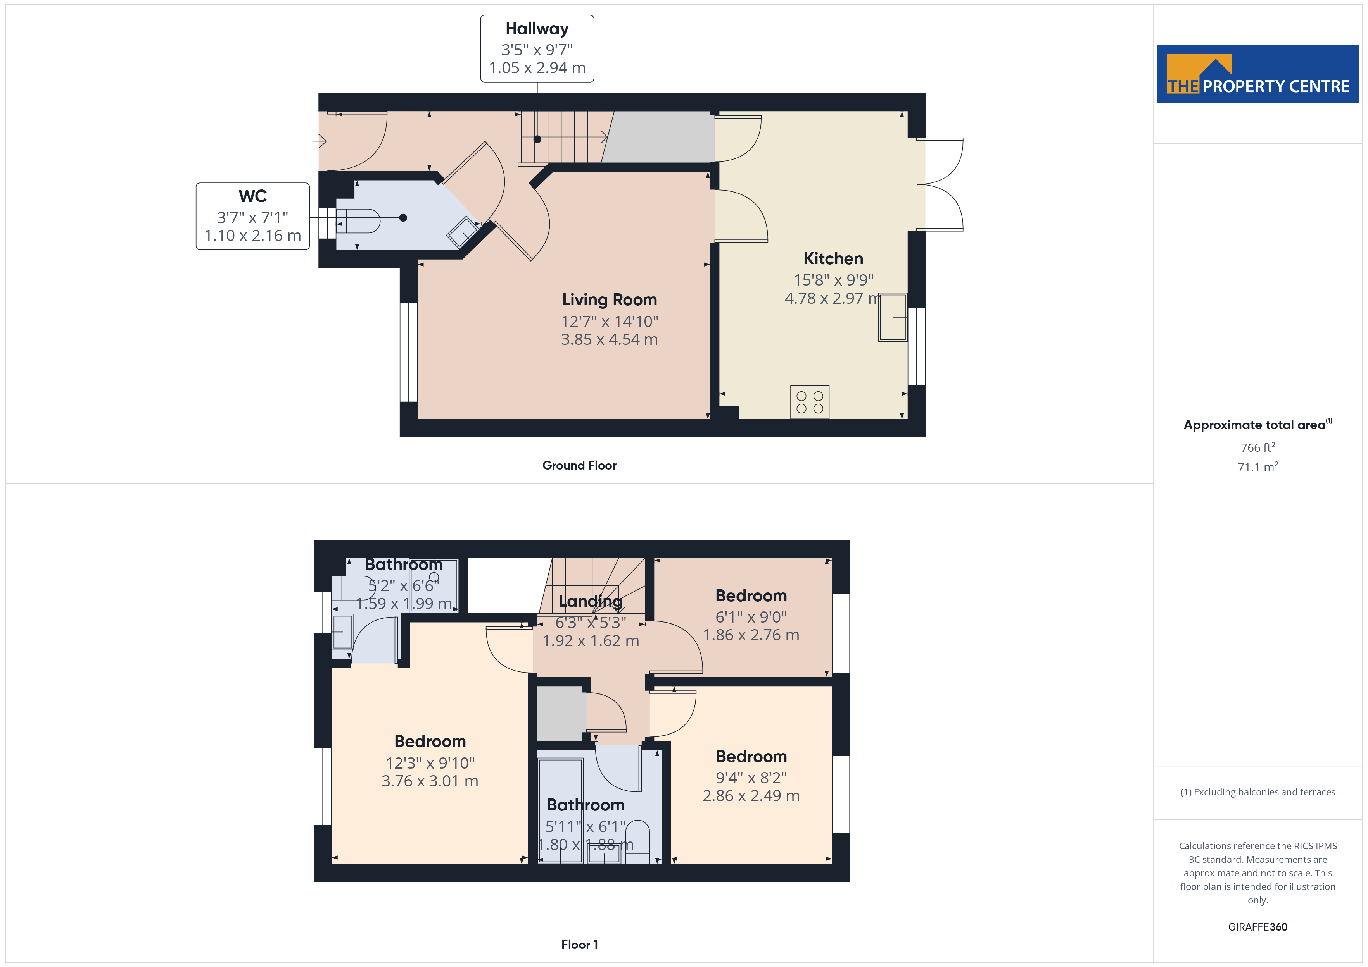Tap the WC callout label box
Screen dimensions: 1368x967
(x=253, y=216)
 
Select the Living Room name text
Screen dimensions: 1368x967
(x=610, y=299)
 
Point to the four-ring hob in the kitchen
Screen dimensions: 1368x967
(x=810, y=402)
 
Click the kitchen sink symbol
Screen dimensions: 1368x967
(x=893, y=317)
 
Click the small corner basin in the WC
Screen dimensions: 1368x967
(x=462, y=232)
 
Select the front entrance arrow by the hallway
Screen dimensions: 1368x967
(x=320, y=141)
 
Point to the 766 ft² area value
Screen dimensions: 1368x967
(x=1258, y=447)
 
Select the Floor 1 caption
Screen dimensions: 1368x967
(x=579, y=945)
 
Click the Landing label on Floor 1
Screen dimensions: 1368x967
(x=591, y=601)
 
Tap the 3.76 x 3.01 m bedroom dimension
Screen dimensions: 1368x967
(x=430, y=781)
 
